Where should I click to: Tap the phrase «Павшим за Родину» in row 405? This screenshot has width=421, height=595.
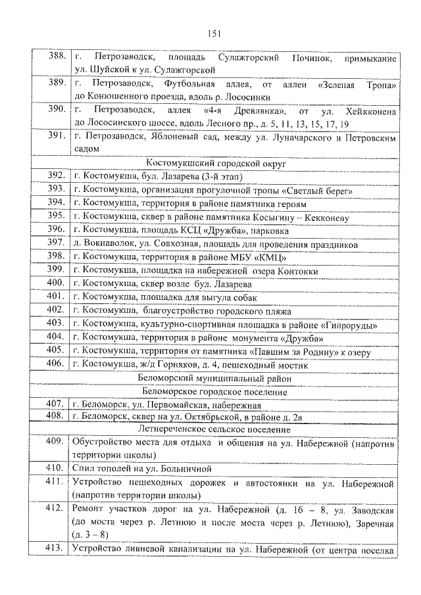coord(295,352)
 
